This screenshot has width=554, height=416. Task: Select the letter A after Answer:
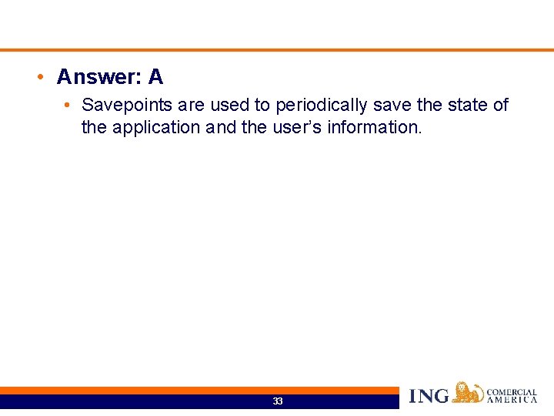coord(155,77)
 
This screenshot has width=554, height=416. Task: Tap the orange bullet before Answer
coord(38,78)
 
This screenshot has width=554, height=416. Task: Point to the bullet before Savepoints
coord(68,105)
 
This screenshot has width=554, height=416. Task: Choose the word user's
coord(296,127)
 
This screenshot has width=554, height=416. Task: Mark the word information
coord(375,127)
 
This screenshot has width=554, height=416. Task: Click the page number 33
coord(278,401)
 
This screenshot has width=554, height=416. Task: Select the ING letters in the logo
coord(429,396)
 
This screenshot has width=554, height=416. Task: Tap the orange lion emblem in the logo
coord(467,393)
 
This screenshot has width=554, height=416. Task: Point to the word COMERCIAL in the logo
coord(512,392)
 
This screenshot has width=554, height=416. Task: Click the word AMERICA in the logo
coord(512,400)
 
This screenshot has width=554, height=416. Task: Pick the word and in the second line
coord(221,127)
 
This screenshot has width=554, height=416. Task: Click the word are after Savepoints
coord(191,105)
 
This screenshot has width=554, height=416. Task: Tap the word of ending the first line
coord(500,105)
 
